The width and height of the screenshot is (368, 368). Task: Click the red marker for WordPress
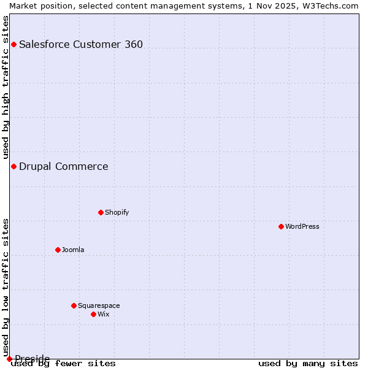(x=281, y=226)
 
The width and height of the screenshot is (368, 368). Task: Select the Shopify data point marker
(x=101, y=212)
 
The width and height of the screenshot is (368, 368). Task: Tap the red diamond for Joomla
(x=58, y=250)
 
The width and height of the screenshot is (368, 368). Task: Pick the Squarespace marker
(x=74, y=305)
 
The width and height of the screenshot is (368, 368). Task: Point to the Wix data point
(x=93, y=314)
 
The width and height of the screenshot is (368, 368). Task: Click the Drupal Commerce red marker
(x=13, y=166)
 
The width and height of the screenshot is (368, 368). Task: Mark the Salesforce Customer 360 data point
(x=13, y=44)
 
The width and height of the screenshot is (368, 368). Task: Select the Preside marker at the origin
(x=9, y=359)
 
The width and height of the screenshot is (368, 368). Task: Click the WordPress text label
(x=302, y=226)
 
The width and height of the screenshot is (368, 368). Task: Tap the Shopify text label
(x=117, y=212)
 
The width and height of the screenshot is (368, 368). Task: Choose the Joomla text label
(x=73, y=250)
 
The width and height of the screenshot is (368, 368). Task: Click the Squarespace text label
(x=99, y=305)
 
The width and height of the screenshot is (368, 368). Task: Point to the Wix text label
(x=103, y=314)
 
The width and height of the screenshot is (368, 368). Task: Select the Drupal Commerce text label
(x=64, y=166)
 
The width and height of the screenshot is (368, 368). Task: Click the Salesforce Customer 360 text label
(x=81, y=44)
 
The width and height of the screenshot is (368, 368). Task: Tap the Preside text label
(x=33, y=358)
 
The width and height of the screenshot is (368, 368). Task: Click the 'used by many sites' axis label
(x=308, y=364)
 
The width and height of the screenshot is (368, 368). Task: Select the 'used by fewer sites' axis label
(x=63, y=364)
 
